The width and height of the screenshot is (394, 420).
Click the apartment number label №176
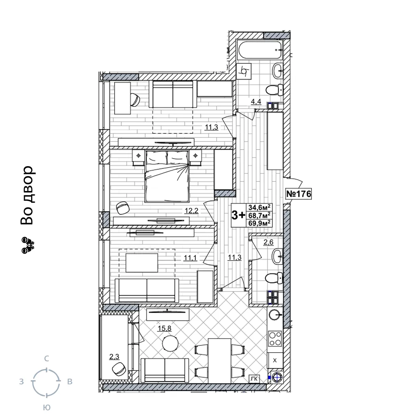299,193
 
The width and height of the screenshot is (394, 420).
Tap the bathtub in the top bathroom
260,50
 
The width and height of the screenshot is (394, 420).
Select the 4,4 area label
256,102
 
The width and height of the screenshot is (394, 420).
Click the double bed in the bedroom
167,176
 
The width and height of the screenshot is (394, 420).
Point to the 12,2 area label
191,211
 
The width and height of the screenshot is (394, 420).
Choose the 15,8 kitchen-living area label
164,328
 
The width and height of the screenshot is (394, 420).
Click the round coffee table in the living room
170,343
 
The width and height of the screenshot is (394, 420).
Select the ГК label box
255,379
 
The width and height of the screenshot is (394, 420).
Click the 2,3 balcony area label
114,357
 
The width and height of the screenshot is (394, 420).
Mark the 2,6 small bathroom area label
268,242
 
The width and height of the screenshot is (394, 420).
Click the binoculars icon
28,245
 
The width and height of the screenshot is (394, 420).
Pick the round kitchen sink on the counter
275,314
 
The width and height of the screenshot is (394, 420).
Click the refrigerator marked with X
275,361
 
